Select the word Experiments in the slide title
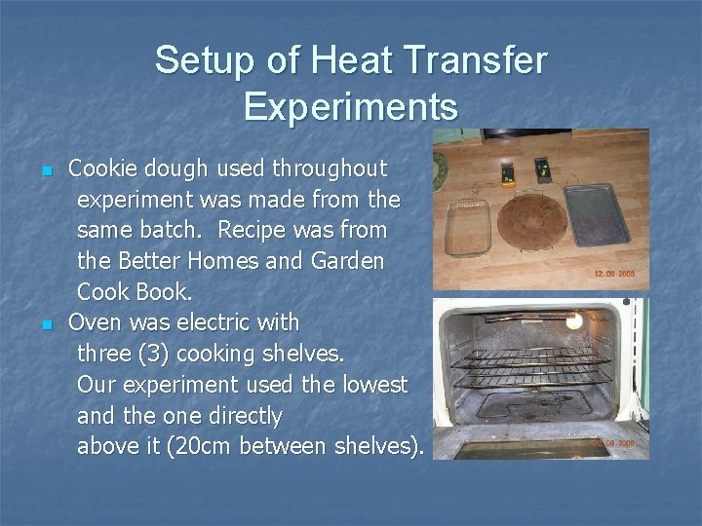[351, 106]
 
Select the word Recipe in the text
[255, 231]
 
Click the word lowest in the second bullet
[375, 385]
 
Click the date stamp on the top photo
[614, 275]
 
